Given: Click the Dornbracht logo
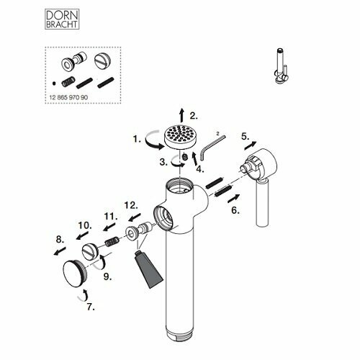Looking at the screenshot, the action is (62, 19).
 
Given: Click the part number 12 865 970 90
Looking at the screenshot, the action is (68, 97).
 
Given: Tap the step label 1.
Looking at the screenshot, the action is (137, 139).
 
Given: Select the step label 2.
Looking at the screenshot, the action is (194, 116).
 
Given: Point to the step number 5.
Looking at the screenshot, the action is (245, 137).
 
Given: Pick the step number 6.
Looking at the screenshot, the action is (235, 210).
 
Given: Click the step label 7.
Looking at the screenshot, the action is (91, 307).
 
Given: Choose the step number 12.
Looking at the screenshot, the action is (131, 205).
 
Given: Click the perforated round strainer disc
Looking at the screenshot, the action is (180, 137).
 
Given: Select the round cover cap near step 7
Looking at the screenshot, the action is (74, 274).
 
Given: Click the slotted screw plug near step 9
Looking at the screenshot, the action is (89, 251).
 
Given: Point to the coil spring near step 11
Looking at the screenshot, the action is (112, 242).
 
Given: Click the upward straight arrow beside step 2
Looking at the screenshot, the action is (182, 115).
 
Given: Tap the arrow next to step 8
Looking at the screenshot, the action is (60, 251).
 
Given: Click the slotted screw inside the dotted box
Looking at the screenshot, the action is (102, 60).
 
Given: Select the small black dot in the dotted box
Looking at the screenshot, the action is (54, 84).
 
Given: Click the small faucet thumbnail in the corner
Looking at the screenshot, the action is (282, 66).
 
